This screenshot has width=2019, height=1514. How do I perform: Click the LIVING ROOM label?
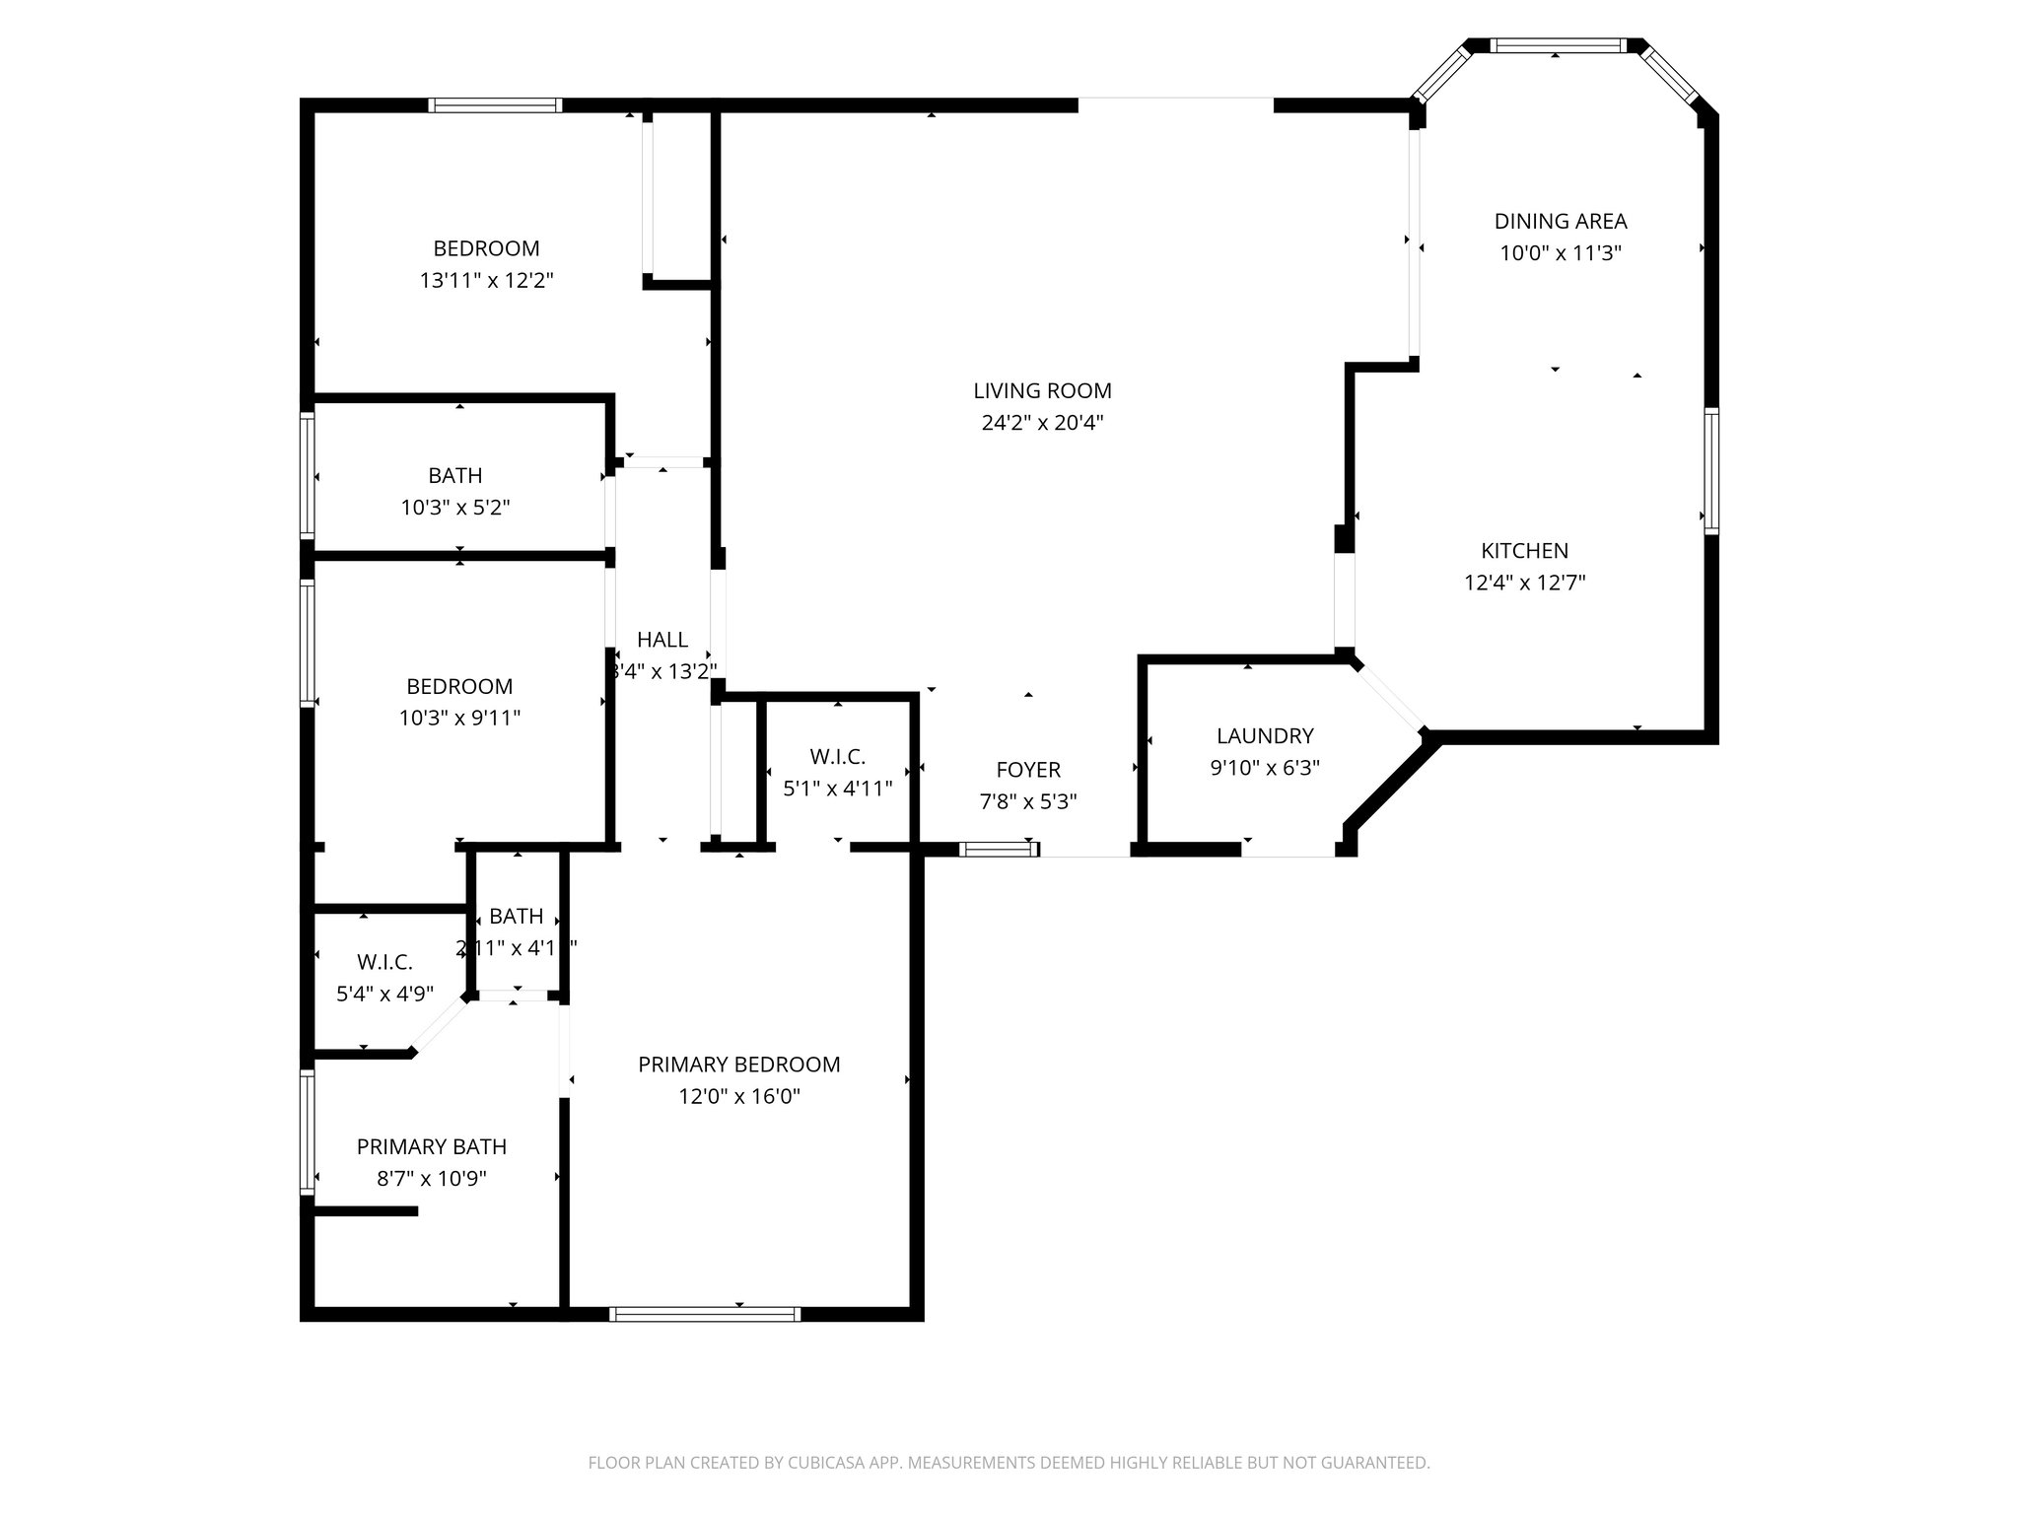pos(1042,391)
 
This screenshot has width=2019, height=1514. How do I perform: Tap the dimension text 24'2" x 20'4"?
pos(1042,423)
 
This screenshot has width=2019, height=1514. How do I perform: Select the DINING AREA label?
pos(1560,222)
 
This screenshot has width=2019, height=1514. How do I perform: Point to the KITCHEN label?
pos(1524,551)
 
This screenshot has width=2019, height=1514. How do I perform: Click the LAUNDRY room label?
pos(1265,735)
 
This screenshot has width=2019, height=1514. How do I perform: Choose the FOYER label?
pos(1028,770)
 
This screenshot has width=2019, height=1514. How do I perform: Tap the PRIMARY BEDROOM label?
pos(738,1065)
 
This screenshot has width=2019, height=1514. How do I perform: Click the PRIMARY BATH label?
pos(432,1146)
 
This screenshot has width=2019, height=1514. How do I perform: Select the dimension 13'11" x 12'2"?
pos(486,280)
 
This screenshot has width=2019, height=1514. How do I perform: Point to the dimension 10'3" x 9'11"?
pos(459,718)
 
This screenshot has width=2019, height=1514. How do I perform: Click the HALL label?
pos(662,640)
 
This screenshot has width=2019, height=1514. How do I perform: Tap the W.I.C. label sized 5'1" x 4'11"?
pos(837,757)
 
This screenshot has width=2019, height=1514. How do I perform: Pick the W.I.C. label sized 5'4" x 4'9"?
pos(384,962)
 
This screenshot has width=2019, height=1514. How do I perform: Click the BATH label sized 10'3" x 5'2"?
pos(455,476)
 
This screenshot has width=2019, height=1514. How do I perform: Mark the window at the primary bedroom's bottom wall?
pos(705,1313)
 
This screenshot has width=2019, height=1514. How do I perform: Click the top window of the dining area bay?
pos(1556,45)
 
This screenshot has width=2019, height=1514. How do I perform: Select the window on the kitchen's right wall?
pos(1711,471)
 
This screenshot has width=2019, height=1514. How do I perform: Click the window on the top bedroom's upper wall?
pos(496,105)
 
